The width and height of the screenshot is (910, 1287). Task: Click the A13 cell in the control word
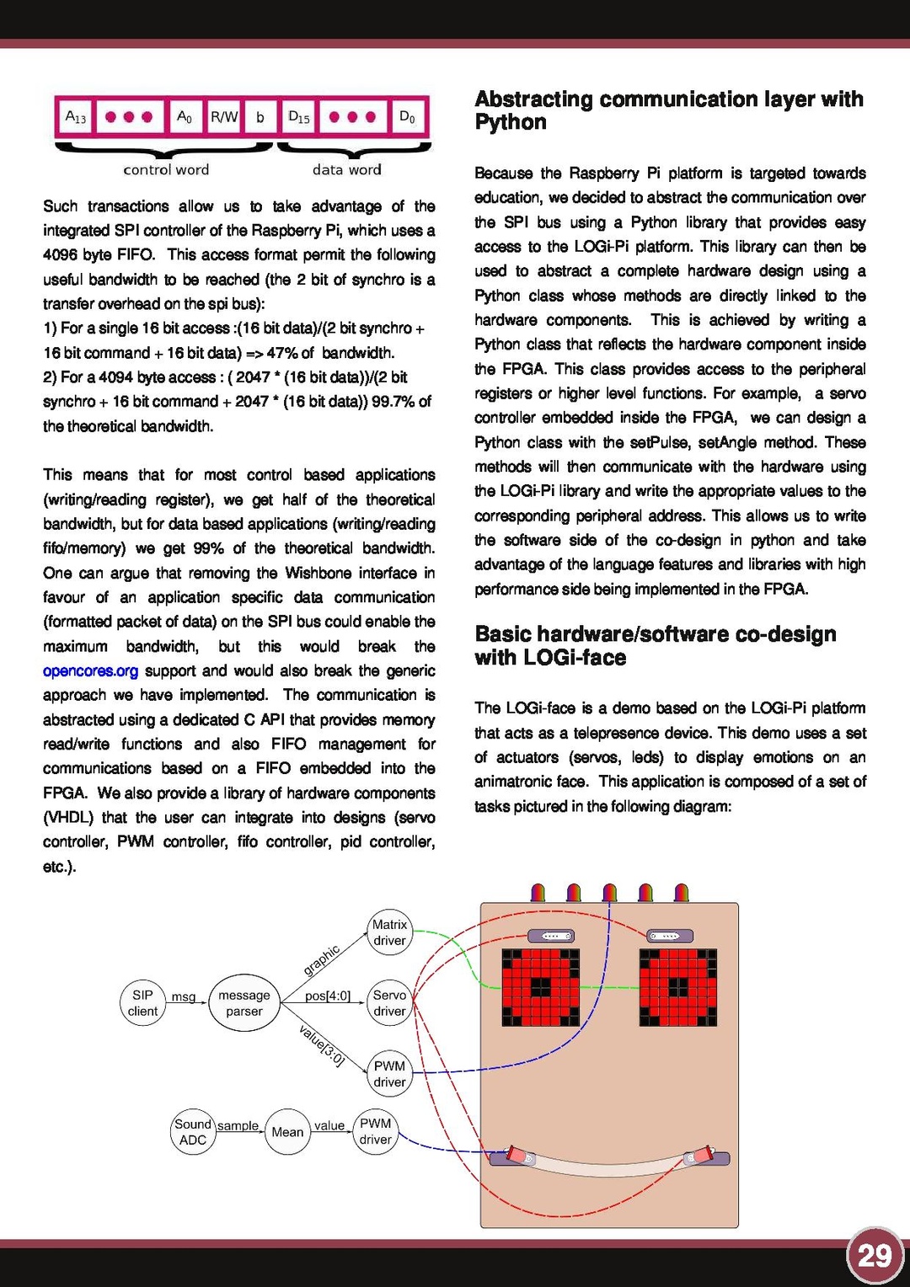click(x=75, y=117)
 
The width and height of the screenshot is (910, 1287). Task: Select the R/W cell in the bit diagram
click(x=223, y=117)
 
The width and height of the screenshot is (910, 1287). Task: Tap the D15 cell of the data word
click(x=298, y=117)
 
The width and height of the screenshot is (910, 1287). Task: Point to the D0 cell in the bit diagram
click(x=407, y=117)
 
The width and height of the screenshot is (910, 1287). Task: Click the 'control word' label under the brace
click(x=166, y=169)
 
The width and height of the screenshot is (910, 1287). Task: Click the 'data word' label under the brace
click(x=346, y=169)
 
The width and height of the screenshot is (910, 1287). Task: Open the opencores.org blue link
click(x=90, y=670)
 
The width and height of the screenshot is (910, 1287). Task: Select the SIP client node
click(x=142, y=1003)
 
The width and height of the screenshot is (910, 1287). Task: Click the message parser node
click(x=244, y=1003)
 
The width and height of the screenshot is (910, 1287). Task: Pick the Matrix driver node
click(x=389, y=932)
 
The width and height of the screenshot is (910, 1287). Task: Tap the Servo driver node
click(x=389, y=1003)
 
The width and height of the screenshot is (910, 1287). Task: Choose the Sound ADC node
click(x=193, y=1132)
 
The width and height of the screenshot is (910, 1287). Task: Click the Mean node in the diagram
click(x=287, y=1132)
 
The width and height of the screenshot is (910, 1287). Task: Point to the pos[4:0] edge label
click(x=328, y=996)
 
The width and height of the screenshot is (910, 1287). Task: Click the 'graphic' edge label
click(x=322, y=960)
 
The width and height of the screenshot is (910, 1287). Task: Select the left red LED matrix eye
click(x=540, y=987)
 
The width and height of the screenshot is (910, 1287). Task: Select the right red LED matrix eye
click(x=678, y=987)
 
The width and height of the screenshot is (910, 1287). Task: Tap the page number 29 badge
click(x=875, y=1256)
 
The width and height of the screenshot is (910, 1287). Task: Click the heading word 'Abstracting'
click(x=533, y=99)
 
